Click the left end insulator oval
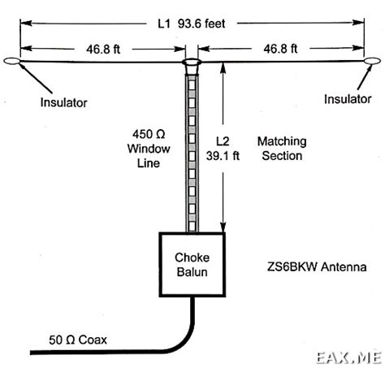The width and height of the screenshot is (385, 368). click(x=11, y=61)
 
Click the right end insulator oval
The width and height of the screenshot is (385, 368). click(x=372, y=61)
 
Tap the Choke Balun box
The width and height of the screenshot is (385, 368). click(x=192, y=264)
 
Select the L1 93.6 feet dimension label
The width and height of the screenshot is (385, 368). click(x=192, y=24)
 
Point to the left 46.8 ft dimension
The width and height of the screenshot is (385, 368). click(x=103, y=50)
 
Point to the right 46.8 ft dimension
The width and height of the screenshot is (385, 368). click(x=280, y=49)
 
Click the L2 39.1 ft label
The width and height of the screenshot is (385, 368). click(x=223, y=149)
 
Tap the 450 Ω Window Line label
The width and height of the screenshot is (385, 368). click(x=149, y=149)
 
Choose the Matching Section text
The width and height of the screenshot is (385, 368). click(x=282, y=149)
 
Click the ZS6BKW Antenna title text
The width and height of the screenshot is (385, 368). click(x=317, y=267)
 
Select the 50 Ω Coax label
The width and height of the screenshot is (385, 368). click(x=78, y=340)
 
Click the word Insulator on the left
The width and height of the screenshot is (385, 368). click(x=63, y=102)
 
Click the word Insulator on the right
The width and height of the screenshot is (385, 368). click(x=348, y=99)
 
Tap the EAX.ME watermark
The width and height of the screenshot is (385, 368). click(x=349, y=358)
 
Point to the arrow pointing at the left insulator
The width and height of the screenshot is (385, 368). click(x=35, y=77)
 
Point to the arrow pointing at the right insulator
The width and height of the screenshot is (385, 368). click(x=365, y=77)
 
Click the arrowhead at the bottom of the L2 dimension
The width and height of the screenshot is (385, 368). click(x=223, y=227)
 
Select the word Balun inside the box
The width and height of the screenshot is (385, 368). click(x=192, y=272)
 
